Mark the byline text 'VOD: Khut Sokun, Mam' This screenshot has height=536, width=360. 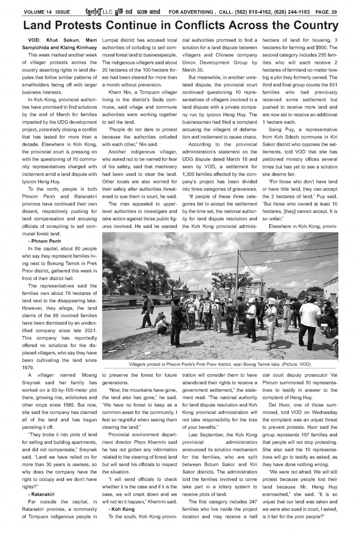59,40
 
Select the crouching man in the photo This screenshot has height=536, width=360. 162,323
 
